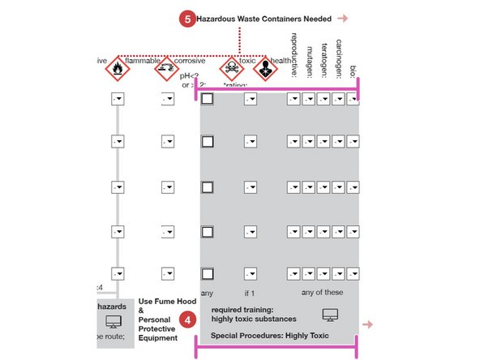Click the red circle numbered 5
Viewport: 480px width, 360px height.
click(186, 18)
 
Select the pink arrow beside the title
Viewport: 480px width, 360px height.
click(343, 18)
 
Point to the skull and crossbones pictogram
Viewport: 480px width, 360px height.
click(231, 69)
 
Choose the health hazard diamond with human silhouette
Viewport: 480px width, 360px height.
click(263, 69)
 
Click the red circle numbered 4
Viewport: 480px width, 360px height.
click(187, 319)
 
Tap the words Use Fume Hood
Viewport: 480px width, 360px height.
click(156, 301)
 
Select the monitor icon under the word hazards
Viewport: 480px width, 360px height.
click(113, 322)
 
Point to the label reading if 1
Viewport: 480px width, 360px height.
click(250, 294)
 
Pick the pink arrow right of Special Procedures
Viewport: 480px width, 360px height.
click(367, 324)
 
